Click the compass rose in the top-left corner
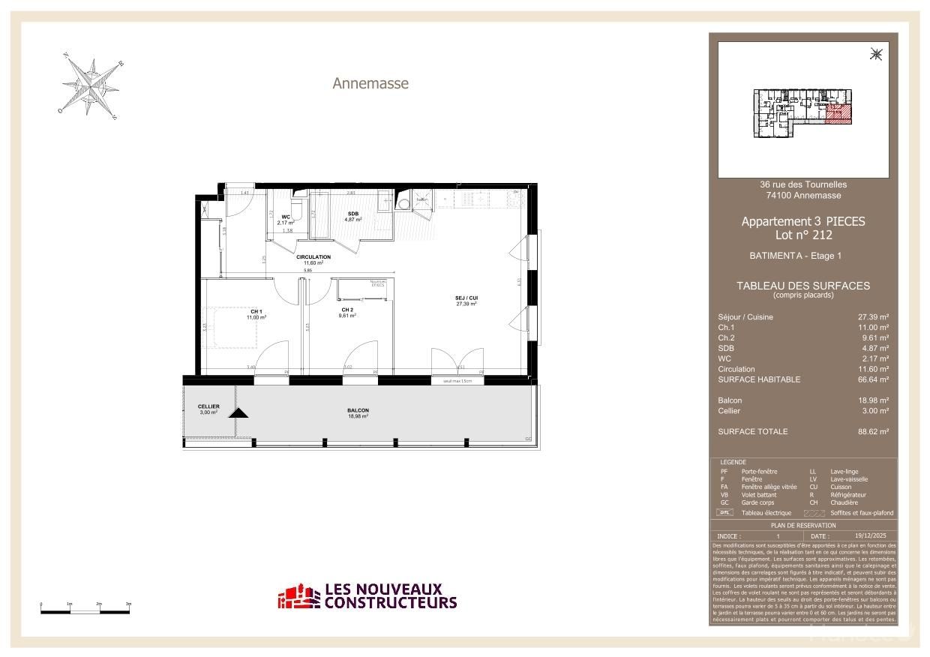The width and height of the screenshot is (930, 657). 91,87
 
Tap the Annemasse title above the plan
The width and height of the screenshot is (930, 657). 370,83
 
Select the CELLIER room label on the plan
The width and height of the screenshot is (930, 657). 208,407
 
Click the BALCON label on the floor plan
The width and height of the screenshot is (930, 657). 358,411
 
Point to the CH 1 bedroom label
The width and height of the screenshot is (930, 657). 256,312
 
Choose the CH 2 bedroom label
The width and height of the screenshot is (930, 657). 347,310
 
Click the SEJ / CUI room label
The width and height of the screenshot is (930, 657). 466,298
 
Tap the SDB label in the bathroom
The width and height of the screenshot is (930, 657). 352,214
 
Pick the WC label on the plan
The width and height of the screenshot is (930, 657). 286,217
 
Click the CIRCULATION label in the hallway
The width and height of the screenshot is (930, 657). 313,257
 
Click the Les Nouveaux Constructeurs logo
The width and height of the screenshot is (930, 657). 367,596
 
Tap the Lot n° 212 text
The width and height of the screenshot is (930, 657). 802,235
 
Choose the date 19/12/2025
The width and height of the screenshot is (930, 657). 869,535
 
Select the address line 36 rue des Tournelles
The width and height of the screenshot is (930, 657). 803,184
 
